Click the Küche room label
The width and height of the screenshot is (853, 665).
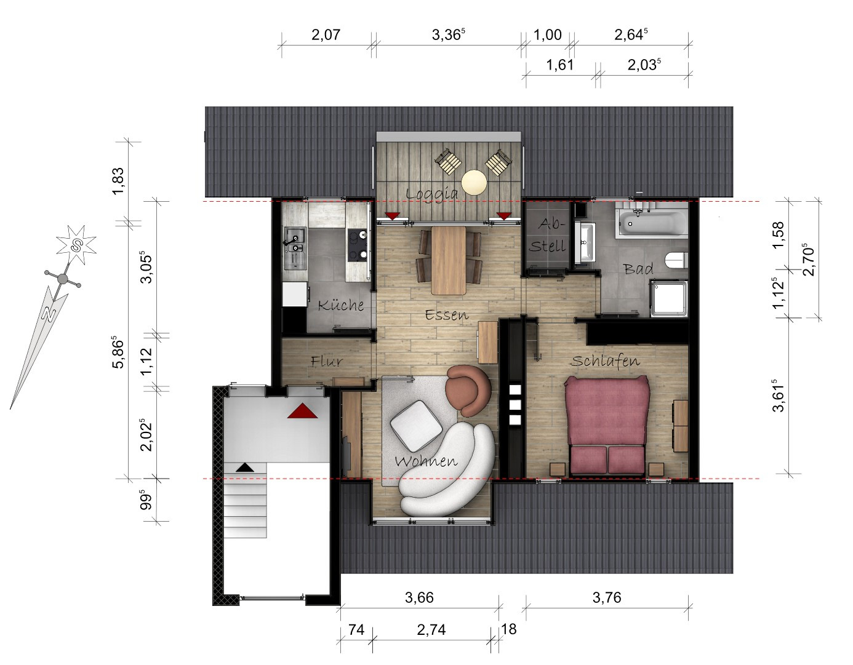341,305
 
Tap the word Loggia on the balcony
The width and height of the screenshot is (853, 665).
432,194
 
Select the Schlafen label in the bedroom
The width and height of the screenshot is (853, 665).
604,360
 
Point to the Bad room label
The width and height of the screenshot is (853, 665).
638,269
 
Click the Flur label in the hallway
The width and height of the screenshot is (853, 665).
327,361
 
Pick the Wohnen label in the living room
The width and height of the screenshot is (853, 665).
426,461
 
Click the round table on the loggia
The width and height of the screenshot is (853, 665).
474,182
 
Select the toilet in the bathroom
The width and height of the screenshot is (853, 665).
677,260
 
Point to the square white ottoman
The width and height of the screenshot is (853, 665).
416,425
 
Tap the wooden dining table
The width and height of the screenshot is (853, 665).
449,260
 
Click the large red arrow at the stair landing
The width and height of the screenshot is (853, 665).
302,411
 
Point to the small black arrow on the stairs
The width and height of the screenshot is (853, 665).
245,468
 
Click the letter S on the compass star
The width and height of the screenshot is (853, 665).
76,245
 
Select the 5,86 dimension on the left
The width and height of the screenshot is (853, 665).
118,351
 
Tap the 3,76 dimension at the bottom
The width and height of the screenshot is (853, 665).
607,597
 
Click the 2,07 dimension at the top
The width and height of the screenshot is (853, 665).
326,34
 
